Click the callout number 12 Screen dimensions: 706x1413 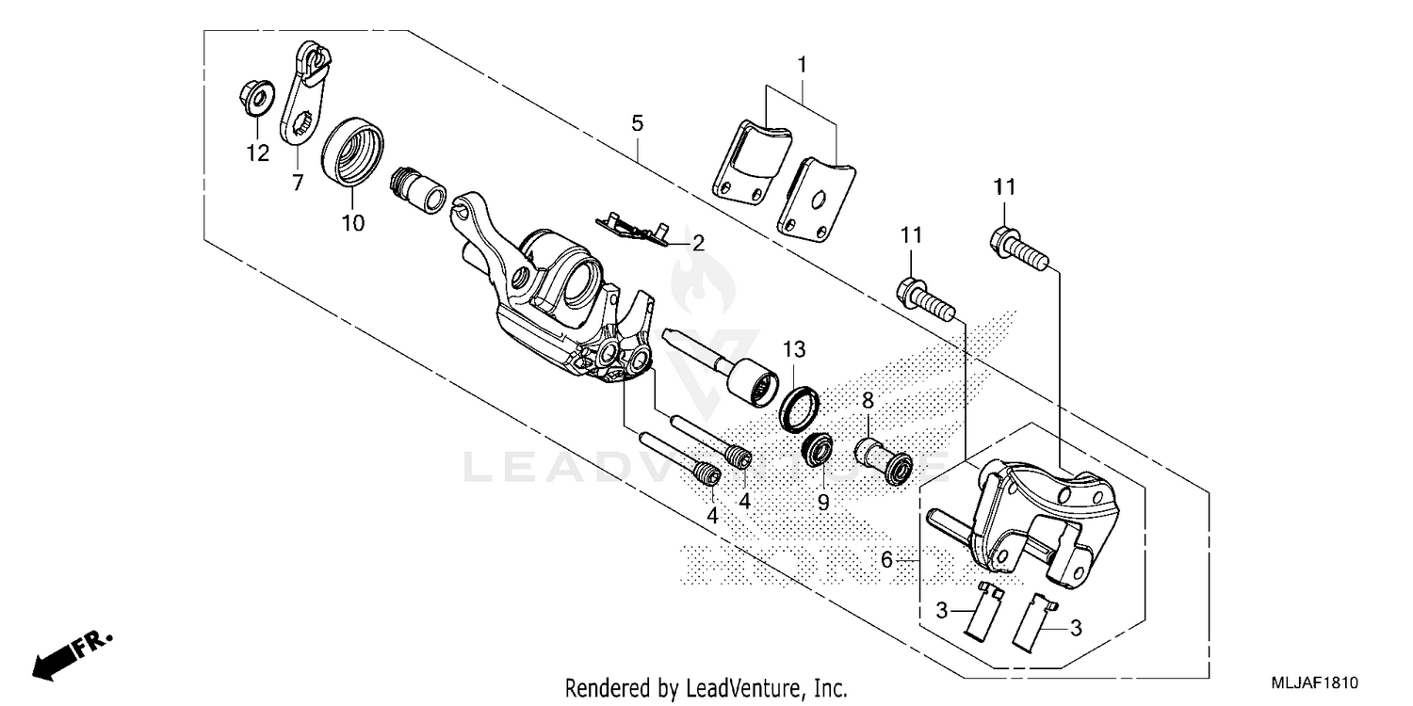point(258,152)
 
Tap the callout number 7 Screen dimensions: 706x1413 point(298,183)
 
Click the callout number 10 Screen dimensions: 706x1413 point(352,222)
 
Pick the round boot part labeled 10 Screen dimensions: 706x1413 point(353,152)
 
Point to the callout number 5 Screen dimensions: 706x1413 point(638,123)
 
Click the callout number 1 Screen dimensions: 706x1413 point(802,65)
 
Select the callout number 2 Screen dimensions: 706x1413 point(698,243)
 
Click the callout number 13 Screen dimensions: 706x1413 point(794,350)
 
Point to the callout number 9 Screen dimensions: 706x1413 point(823,503)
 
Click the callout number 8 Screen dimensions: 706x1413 point(867,399)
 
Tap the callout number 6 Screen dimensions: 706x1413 point(886,559)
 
